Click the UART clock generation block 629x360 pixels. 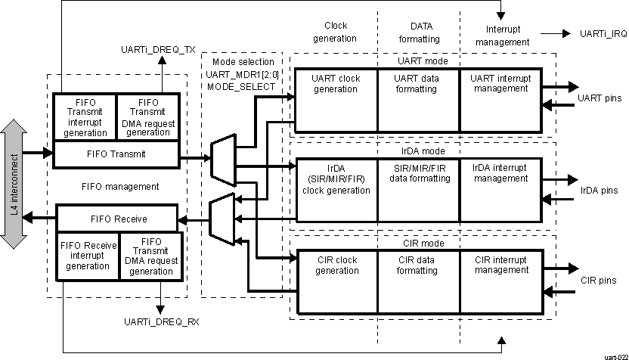(335, 101)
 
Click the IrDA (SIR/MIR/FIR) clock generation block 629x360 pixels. (335, 190)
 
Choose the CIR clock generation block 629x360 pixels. (335, 280)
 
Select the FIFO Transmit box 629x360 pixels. (116, 154)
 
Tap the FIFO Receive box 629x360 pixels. (116, 219)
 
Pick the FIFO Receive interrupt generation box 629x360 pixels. (88, 255)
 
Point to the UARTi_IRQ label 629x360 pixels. (603, 34)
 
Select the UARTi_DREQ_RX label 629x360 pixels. (161, 321)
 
